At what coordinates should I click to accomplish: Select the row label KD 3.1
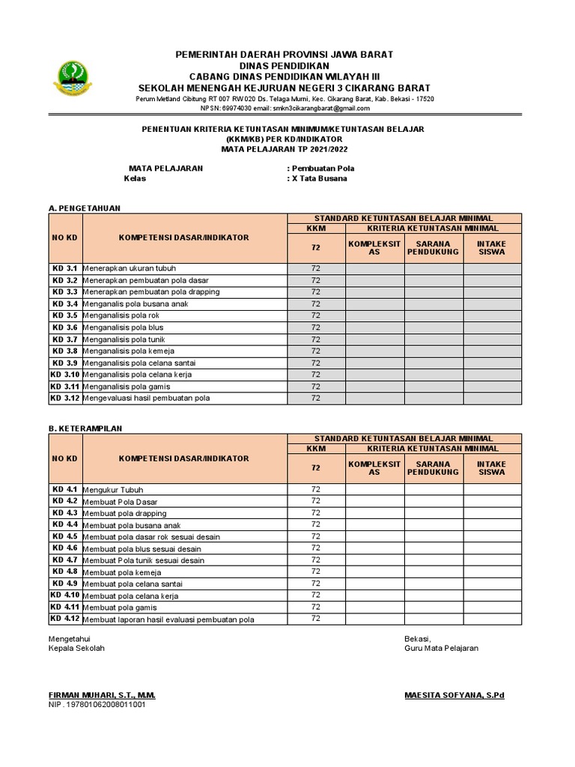pyautogui.click(x=65, y=268)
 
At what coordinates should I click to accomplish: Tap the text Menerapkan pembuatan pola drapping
pyautogui.click(x=151, y=291)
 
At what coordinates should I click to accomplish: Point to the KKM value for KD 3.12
pyautogui.click(x=315, y=398)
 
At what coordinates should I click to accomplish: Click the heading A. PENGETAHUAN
pyautogui.click(x=84, y=207)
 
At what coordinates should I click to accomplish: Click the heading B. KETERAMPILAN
pyautogui.click(x=85, y=428)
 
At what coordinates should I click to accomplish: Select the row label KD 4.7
pyautogui.click(x=65, y=560)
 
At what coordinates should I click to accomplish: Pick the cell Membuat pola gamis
pyautogui.click(x=120, y=607)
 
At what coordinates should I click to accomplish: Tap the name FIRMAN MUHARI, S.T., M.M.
pyautogui.click(x=102, y=695)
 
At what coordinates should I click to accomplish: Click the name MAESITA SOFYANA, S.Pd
pyautogui.click(x=454, y=695)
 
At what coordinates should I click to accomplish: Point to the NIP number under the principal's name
pyautogui.click(x=97, y=705)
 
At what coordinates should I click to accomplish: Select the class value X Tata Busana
pyautogui.click(x=317, y=179)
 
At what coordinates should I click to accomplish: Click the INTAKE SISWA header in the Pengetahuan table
pyautogui.click(x=492, y=247)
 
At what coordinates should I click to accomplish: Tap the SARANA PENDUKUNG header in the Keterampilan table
pyautogui.click(x=433, y=467)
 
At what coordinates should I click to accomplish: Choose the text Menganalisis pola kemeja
pyautogui.click(x=124, y=351)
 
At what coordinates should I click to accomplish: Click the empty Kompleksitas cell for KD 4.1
pyautogui.click(x=374, y=489)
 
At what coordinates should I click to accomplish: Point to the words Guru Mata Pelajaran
pyautogui.click(x=441, y=648)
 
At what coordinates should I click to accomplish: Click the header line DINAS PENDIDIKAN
pyautogui.click(x=284, y=66)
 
